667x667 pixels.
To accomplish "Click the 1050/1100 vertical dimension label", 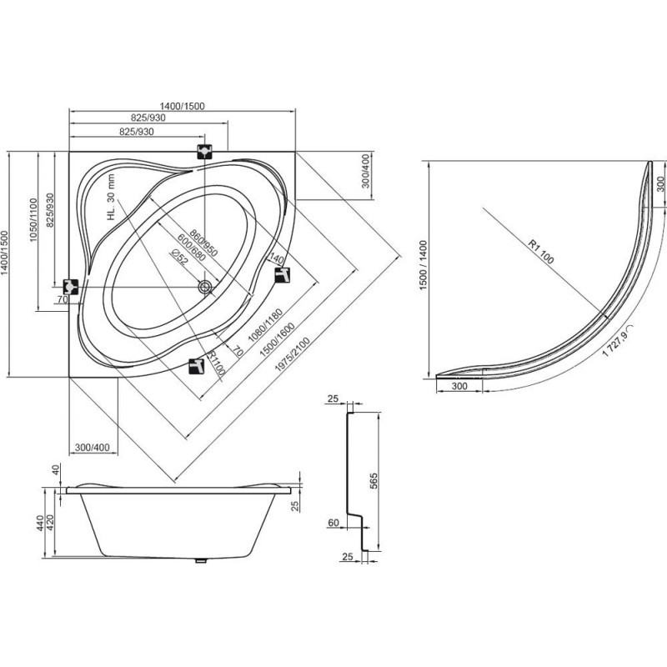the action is click(x=33, y=220).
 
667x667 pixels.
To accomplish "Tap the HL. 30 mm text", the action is click(x=111, y=197).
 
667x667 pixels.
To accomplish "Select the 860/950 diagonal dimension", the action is click(x=203, y=243).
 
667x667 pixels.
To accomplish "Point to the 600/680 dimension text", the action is click(x=192, y=248).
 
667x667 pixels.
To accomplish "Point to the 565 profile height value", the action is click(x=374, y=481).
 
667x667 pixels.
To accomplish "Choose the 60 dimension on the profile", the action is click(x=333, y=523).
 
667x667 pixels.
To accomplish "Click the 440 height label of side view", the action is click(x=40, y=523).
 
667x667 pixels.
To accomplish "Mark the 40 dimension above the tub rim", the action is click(x=55, y=469).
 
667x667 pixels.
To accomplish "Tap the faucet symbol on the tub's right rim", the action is click(x=283, y=274).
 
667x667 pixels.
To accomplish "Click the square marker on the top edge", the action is click(x=205, y=152).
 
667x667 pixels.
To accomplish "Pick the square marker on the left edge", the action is click(x=71, y=288).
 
